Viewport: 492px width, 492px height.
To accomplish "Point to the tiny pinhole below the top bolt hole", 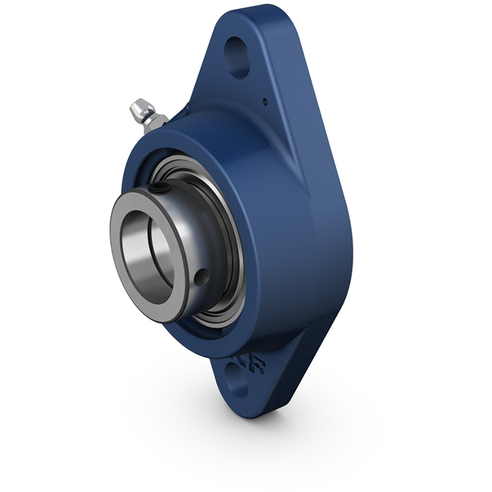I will pyautogui.click(x=265, y=102).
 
